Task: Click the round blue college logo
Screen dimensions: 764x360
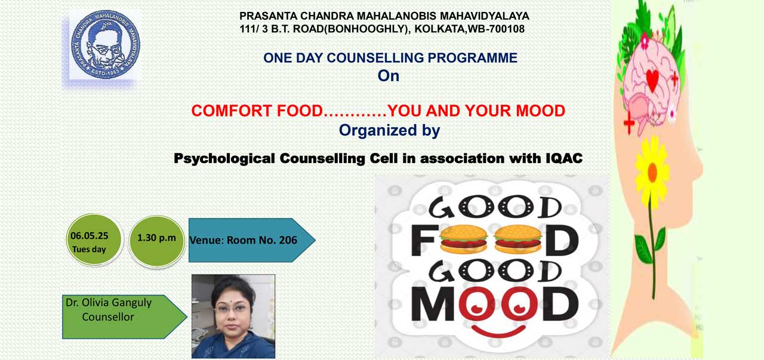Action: tap(106, 44)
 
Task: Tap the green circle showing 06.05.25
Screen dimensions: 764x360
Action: tap(94, 239)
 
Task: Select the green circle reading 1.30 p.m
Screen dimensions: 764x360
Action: tap(156, 241)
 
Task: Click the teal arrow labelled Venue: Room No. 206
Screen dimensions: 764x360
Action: tap(252, 240)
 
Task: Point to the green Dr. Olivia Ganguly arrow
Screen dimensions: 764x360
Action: tap(125, 316)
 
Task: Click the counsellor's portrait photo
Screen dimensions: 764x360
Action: tap(233, 316)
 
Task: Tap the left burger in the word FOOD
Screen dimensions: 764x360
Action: tap(463, 239)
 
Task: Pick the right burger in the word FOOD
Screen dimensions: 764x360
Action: tap(517, 239)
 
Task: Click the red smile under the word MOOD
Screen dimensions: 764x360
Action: tap(498, 331)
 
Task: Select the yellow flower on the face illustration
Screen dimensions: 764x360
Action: tap(652, 171)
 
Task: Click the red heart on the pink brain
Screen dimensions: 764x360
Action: tap(652, 79)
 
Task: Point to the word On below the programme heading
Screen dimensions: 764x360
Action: tap(388, 76)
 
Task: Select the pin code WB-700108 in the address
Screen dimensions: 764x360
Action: tap(496, 29)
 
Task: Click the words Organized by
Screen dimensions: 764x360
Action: tap(390, 130)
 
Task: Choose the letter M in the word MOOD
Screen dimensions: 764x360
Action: tap(433, 304)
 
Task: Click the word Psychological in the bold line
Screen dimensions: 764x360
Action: tap(224, 159)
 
